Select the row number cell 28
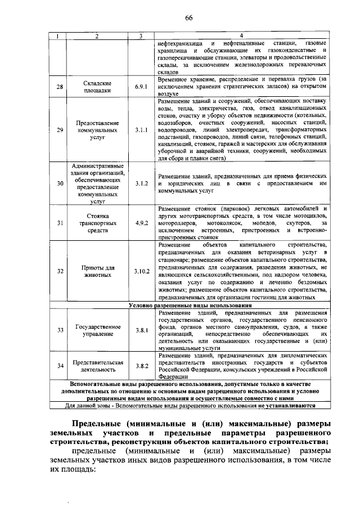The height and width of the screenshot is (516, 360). click(60, 87)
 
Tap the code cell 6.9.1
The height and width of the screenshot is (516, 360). click(141, 87)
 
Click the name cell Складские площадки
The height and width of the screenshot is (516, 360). click(97, 87)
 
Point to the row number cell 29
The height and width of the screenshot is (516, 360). click(60, 129)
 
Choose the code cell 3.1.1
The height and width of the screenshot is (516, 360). click(141, 129)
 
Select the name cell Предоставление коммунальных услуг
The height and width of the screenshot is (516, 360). click(97, 129)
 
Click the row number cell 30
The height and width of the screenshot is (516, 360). click(60, 183)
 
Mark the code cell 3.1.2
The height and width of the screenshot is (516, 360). click(141, 183)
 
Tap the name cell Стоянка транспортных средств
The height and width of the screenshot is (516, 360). click(97, 223)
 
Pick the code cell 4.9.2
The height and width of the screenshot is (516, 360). click(141, 223)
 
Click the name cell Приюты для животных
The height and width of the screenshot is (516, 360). click(97, 271)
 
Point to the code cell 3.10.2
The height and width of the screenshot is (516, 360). click(141, 271)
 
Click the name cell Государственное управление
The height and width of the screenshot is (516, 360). click(97, 330)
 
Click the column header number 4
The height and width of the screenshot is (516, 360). click(241, 36)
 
